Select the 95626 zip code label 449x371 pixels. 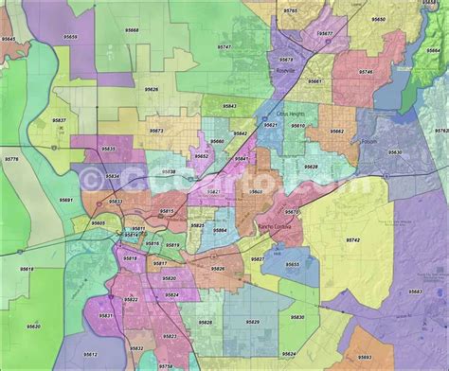click(152, 89)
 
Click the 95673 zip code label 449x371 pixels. click(156, 130)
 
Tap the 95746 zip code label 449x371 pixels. click(366, 72)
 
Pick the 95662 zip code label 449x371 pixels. click(336, 131)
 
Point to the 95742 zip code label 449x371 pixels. click(352, 240)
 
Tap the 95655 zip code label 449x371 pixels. click(293, 265)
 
